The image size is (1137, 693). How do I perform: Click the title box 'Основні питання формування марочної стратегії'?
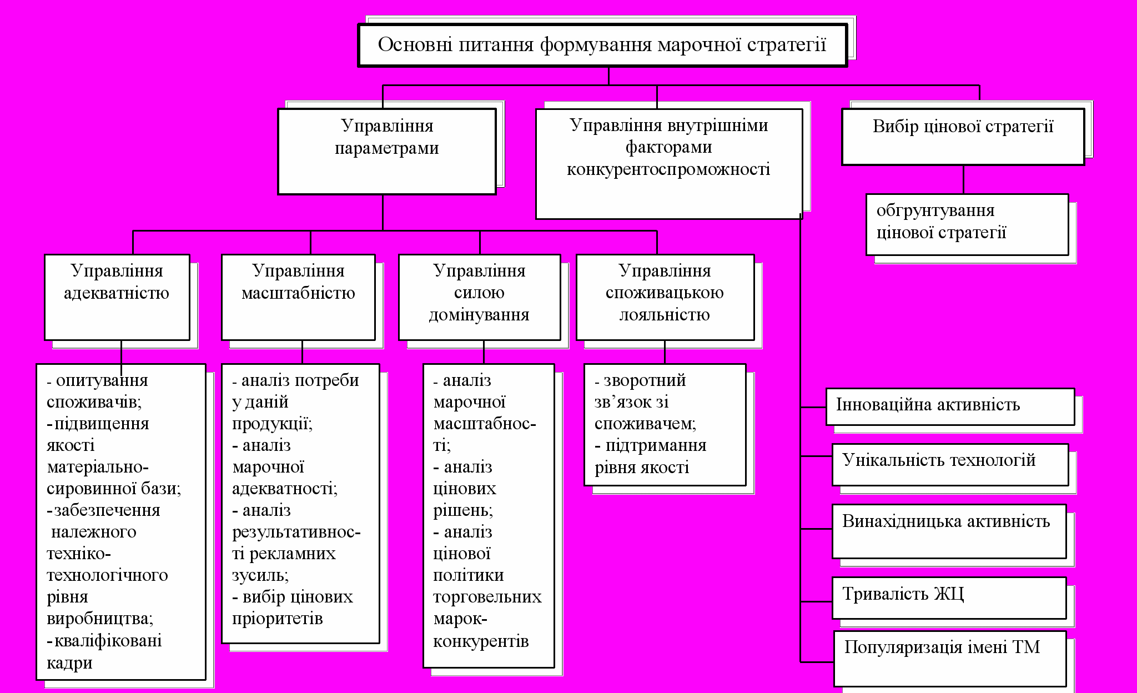602,45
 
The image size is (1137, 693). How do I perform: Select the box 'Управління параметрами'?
386,151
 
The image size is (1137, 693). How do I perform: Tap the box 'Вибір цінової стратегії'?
963,137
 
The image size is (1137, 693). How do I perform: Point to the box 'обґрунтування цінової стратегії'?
967,224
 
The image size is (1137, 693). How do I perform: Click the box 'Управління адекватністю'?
117,297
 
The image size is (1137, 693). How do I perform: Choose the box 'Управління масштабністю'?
298,297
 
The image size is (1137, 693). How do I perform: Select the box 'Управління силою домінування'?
479,297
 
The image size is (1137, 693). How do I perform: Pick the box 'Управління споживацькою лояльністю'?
665,297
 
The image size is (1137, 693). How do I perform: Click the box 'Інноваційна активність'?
950,406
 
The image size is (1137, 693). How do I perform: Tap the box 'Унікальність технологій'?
950,464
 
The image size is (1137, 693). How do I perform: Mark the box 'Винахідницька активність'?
949,531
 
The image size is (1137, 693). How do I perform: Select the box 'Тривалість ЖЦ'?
949,597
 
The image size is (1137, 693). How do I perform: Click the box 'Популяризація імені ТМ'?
949,658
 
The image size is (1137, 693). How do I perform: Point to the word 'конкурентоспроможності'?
668,169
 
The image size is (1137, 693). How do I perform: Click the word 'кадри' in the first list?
69,663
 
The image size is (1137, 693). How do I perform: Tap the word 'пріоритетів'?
277,619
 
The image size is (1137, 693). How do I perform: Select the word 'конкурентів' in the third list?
481,641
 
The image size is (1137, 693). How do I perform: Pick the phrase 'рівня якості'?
642,468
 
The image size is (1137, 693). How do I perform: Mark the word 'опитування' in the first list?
102,380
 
